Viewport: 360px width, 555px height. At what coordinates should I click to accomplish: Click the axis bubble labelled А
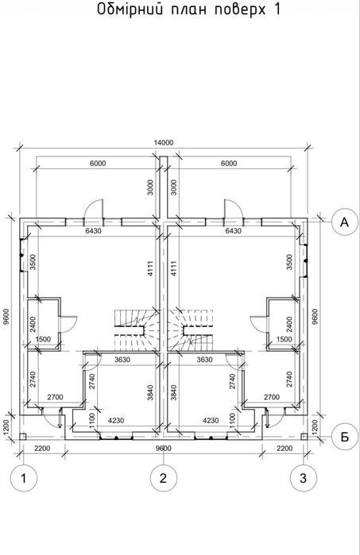tap(344, 222)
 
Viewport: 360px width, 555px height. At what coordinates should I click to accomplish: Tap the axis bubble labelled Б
tap(344, 437)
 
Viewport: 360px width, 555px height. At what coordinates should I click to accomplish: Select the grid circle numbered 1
tap(23, 478)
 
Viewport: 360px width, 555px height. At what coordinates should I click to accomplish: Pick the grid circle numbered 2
tap(163, 478)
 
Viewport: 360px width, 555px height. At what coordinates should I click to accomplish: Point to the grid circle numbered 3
tap(304, 478)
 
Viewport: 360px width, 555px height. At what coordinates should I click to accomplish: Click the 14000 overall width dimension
tap(164, 143)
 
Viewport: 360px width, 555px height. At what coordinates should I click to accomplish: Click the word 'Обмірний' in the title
tap(130, 9)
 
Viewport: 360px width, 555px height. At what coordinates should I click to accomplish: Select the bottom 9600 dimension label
tap(163, 449)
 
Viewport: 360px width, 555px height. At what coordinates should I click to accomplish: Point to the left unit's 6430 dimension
tap(94, 231)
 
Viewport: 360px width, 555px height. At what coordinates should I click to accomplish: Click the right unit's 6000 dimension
tap(229, 164)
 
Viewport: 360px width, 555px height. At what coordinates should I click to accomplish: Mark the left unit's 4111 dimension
tap(150, 268)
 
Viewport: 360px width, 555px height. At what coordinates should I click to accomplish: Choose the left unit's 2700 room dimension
tap(55, 397)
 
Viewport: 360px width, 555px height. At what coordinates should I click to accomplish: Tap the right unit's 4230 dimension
tap(210, 421)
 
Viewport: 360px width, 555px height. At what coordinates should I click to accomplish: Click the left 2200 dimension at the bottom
tap(42, 449)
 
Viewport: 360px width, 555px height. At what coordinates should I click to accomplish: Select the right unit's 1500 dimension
tap(285, 339)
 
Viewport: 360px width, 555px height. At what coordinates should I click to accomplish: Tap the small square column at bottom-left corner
tap(22, 437)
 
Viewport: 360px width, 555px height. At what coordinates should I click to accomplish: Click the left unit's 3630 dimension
tap(122, 360)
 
